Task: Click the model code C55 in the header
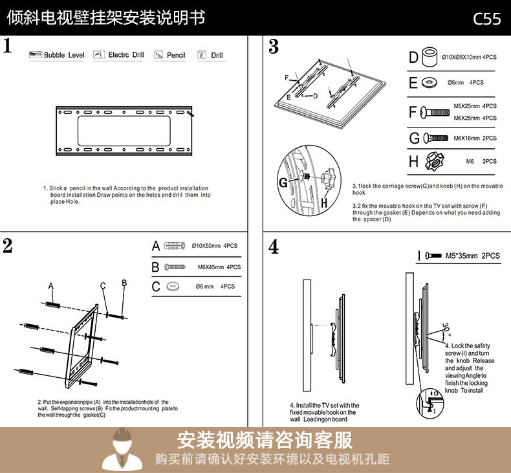486,18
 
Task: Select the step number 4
274,247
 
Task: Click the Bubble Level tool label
64,56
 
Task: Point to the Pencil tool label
176,56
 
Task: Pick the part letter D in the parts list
414,58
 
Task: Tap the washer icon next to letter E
428,83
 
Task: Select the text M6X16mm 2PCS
475,138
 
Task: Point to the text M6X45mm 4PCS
219,267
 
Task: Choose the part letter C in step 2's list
155,287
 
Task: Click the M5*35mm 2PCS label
473,256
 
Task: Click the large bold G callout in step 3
283,183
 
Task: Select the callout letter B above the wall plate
124,283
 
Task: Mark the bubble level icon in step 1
36,55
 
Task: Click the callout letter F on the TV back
286,78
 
